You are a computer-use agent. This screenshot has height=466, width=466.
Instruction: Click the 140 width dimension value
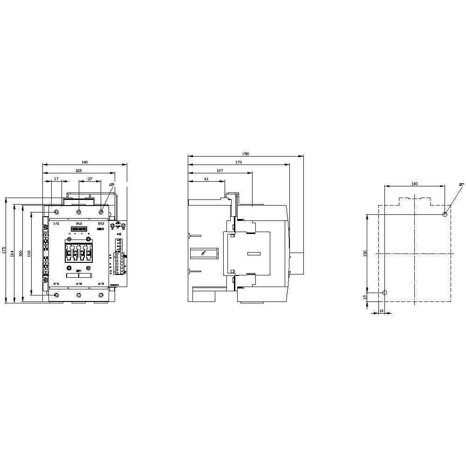(x=84, y=162)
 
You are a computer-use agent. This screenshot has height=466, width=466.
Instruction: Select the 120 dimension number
(x=79, y=171)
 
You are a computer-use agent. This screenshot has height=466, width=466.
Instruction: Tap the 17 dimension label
(x=56, y=179)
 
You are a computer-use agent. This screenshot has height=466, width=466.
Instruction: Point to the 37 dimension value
(x=90, y=179)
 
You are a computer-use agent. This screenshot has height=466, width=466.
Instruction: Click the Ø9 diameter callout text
(x=112, y=185)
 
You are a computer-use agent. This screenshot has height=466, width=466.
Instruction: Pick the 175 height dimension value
(x=4, y=250)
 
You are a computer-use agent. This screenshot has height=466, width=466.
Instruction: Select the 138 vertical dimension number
(x=29, y=254)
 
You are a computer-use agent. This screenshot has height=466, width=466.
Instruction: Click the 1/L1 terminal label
(x=56, y=224)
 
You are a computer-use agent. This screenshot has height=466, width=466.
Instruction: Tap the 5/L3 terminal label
(x=101, y=224)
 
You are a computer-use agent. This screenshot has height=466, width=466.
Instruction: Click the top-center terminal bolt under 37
(x=79, y=212)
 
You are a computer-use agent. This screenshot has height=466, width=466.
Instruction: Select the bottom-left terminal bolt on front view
(x=56, y=295)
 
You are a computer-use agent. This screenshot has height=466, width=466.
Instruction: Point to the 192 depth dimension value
(x=246, y=154)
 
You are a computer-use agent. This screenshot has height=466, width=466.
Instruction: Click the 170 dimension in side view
(x=239, y=163)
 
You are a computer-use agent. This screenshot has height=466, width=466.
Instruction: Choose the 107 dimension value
(x=220, y=171)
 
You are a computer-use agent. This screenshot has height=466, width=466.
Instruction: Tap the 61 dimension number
(x=206, y=179)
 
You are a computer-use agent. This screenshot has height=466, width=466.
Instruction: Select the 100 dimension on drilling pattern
(x=415, y=184)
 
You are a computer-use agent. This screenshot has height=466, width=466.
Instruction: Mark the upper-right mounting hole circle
(x=445, y=214)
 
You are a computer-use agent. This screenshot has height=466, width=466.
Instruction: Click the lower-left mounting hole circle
(x=384, y=293)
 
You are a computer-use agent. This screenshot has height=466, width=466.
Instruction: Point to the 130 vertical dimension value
(x=365, y=253)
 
